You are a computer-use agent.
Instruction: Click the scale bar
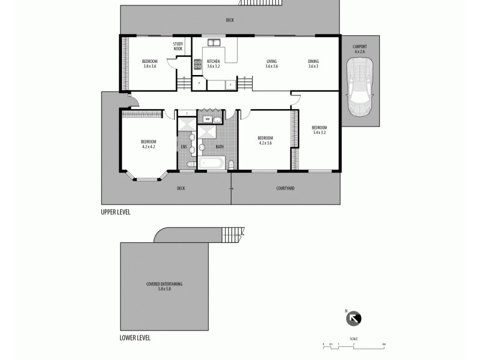[x=354, y=344]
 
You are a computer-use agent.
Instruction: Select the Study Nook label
[x=178, y=46]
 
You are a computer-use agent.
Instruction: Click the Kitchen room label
[x=214, y=64]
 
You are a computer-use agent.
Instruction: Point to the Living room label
[x=272, y=64]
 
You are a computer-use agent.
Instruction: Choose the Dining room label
[x=313, y=64]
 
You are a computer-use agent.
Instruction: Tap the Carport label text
[x=359, y=49]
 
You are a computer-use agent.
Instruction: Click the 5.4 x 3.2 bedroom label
[x=319, y=130]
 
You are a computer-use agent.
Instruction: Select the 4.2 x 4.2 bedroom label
[x=148, y=144]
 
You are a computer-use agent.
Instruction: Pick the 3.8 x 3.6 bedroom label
[x=149, y=64]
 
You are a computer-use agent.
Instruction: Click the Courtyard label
[x=285, y=188]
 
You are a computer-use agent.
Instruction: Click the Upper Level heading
[x=116, y=212]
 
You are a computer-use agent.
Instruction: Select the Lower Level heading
[x=135, y=338]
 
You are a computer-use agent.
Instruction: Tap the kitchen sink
[x=214, y=43]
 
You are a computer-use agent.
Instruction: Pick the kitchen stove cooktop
[x=197, y=62]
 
